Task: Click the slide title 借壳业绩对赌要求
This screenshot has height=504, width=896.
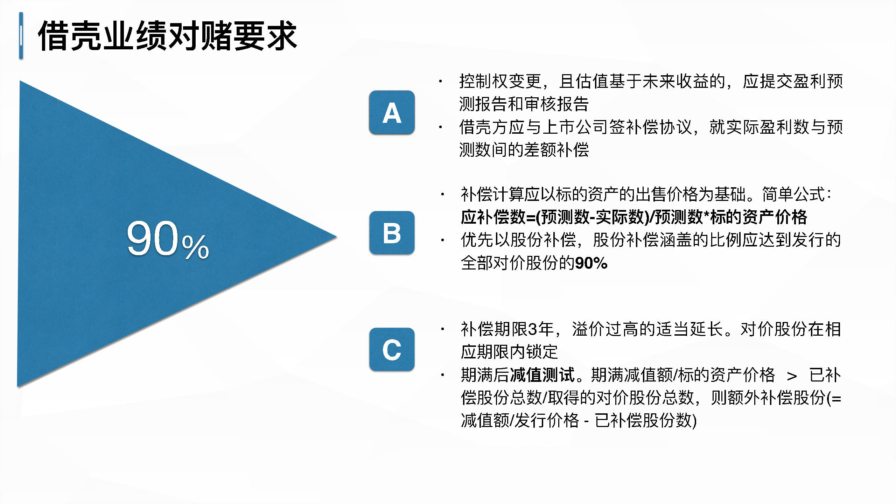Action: [x=167, y=36]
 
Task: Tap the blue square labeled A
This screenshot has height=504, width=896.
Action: [x=392, y=112]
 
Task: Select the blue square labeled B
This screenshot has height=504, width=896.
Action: [x=392, y=233]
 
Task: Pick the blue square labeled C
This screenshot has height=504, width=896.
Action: [x=392, y=349]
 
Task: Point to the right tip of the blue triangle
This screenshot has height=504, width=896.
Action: [x=337, y=237]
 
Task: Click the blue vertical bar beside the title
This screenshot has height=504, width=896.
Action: [x=21, y=36]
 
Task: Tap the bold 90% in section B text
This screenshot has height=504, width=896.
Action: [x=591, y=263]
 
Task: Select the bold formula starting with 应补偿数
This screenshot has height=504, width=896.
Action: [x=634, y=217]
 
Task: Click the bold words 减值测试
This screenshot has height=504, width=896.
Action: [x=542, y=375]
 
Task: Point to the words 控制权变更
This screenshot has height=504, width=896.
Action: [x=500, y=81]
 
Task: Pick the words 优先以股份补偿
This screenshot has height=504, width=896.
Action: [x=519, y=240]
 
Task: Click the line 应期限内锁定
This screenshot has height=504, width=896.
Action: [x=509, y=352]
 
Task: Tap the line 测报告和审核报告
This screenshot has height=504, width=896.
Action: [x=524, y=104]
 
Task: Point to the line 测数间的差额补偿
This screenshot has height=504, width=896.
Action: [x=524, y=150]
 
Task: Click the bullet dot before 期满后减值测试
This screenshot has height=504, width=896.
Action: [x=443, y=375]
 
